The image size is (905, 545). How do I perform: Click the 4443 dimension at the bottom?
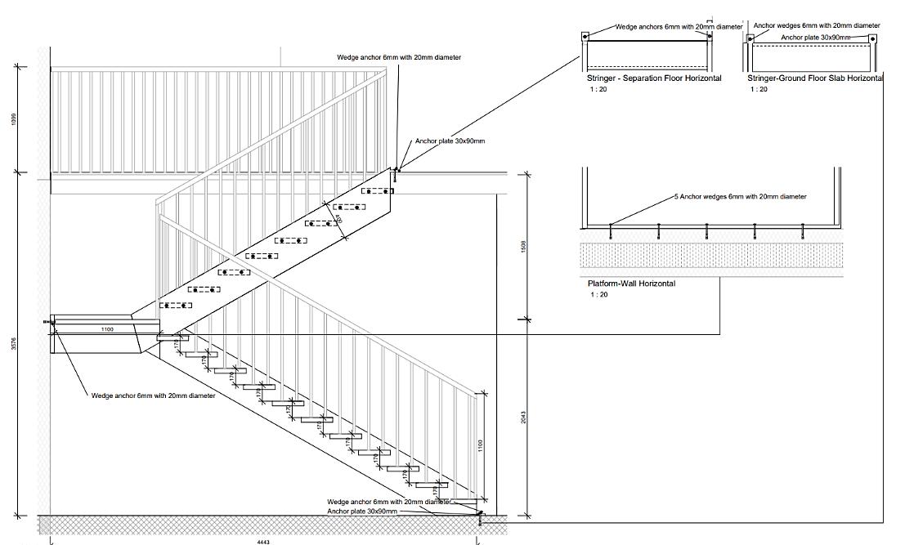tap(262, 542)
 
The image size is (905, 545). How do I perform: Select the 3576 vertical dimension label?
tap(13, 345)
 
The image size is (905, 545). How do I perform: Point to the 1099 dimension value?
tap(13, 120)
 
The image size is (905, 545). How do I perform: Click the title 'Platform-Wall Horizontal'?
tap(632, 284)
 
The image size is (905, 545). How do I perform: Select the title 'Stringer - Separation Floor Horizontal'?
tap(654, 78)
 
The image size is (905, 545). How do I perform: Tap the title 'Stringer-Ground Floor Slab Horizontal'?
tap(815, 78)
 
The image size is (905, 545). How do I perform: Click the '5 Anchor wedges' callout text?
tap(740, 197)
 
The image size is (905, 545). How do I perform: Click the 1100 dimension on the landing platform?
tap(107, 328)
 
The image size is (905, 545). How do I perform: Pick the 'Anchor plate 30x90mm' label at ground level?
tap(362, 511)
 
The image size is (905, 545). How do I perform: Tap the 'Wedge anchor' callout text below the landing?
tap(154, 396)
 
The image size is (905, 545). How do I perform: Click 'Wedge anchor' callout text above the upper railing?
tap(399, 58)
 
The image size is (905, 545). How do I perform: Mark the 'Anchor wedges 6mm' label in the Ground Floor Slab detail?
tap(816, 25)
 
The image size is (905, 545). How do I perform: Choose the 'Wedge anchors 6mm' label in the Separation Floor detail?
tap(679, 27)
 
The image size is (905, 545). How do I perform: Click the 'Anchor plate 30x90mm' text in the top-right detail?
tap(815, 38)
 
